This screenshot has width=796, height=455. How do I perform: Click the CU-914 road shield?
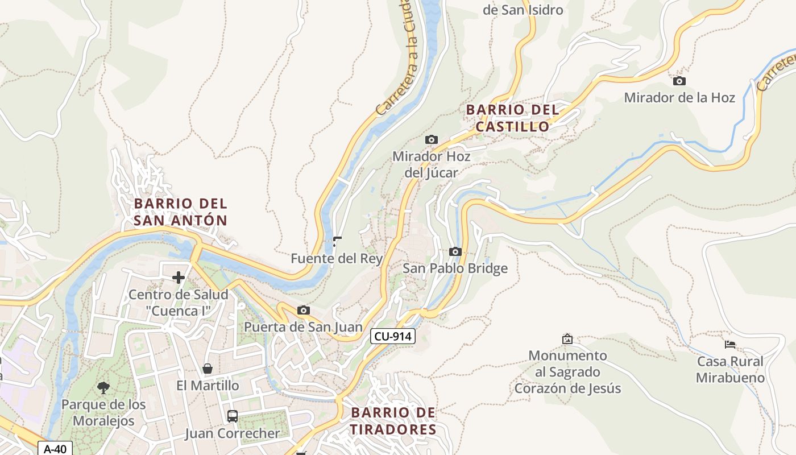click(393, 336)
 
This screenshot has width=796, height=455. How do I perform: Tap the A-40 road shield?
click(55, 449)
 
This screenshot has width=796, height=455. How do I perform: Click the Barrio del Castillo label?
click(512, 118)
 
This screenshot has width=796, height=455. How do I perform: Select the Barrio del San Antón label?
click(180, 212)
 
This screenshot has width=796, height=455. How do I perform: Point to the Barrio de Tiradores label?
click(393, 421)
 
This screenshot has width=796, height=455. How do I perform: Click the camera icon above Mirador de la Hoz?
click(679, 81)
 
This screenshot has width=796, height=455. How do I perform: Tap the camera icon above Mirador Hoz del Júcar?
click(432, 139)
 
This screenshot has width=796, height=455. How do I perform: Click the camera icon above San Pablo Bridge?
click(455, 251)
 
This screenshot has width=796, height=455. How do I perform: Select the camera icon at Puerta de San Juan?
click(304, 310)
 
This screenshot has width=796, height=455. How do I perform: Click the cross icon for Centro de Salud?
click(179, 278)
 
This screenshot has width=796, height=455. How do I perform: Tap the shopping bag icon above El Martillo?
click(208, 369)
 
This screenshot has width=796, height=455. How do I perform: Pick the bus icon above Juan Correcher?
click(233, 416)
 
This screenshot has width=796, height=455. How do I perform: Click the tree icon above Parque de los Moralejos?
click(103, 388)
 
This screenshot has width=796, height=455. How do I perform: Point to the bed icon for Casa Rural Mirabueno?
click(730, 344)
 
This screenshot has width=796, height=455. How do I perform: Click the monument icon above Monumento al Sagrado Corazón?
click(567, 339)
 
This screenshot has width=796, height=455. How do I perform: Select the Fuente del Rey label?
click(337, 259)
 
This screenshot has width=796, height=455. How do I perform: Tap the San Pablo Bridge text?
click(455, 268)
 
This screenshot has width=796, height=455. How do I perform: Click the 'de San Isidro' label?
click(523, 10)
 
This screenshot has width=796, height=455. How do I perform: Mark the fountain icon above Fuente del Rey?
click(337, 242)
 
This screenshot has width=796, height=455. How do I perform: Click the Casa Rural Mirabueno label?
click(730, 370)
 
